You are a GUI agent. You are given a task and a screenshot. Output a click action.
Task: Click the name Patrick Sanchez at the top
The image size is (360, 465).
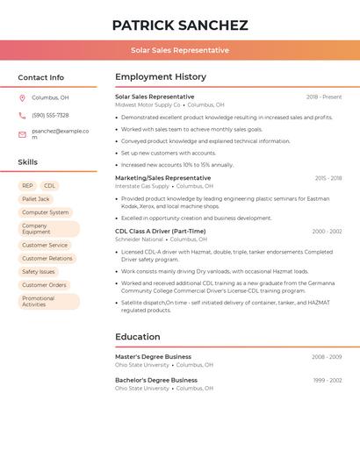(180, 25)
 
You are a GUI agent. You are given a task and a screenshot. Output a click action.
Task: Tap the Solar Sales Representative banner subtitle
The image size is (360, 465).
(180, 50)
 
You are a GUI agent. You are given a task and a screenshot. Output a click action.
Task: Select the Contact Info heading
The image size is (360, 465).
(40, 77)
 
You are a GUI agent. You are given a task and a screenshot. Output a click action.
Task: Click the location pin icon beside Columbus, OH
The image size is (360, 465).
(22, 97)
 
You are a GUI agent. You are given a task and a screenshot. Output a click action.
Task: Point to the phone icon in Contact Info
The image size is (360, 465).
(22, 115)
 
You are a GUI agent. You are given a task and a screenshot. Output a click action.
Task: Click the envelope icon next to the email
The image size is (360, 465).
(22, 134)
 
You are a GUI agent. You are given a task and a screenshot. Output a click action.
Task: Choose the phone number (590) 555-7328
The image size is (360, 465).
(50, 115)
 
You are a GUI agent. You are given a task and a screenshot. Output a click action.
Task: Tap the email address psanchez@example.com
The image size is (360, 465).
(60, 133)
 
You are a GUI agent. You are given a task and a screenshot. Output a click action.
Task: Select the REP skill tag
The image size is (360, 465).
(27, 186)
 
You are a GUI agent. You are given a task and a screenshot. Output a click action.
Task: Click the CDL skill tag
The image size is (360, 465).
(49, 186)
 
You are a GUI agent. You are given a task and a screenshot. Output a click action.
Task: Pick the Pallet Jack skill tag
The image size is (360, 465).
(36, 199)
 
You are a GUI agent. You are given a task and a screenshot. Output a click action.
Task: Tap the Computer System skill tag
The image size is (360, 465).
(45, 212)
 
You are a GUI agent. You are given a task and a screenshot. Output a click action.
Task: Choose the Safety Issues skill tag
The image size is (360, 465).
(38, 272)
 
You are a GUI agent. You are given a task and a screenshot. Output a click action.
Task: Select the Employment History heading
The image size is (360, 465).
(161, 77)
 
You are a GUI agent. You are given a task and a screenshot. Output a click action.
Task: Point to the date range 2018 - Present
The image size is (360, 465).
(324, 97)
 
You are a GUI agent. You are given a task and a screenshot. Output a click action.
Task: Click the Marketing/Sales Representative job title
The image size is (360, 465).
(162, 178)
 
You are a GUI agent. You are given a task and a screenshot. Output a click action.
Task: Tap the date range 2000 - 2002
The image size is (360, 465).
(327, 232)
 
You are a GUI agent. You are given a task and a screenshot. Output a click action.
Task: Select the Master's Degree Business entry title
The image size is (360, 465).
(153, 357)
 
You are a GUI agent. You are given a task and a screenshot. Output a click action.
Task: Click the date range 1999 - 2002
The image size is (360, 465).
(327, 381)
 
